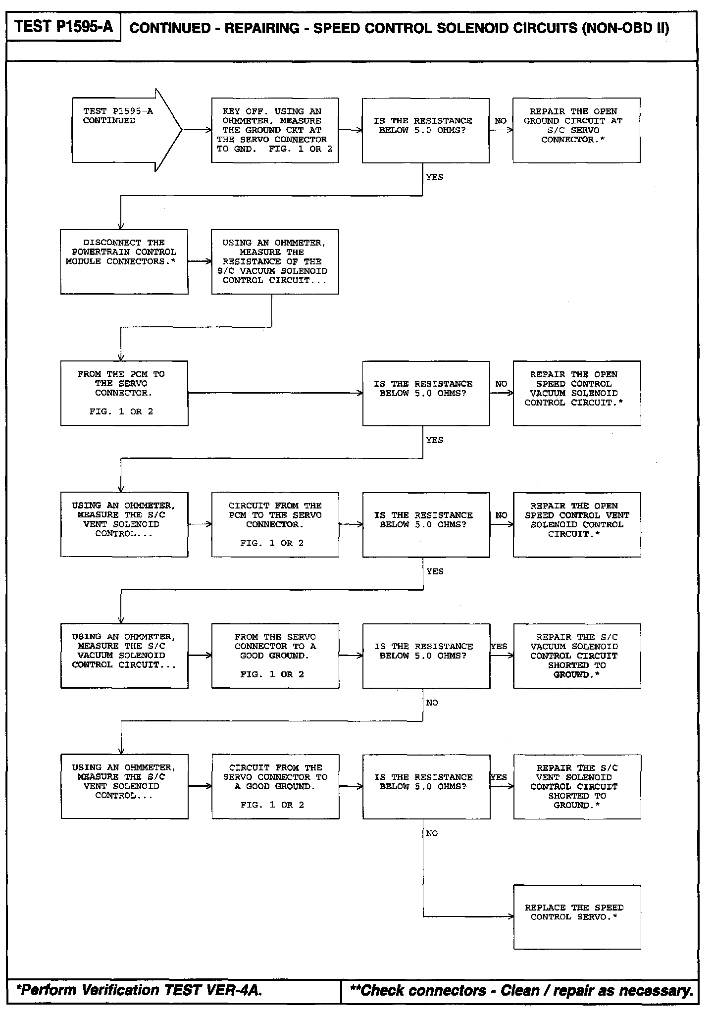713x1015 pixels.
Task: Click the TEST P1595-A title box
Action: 63,27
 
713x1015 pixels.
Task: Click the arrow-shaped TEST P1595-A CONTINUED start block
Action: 124,130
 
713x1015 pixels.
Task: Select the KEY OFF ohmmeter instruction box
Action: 275,130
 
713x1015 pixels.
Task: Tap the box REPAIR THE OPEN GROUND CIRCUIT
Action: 576,130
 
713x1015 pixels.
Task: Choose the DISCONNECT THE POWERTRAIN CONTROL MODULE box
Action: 124,261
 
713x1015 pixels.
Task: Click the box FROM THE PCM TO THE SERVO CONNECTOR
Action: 124,393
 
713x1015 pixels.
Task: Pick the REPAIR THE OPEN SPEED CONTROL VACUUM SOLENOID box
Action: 577,393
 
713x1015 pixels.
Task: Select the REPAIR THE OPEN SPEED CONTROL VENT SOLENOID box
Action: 577,524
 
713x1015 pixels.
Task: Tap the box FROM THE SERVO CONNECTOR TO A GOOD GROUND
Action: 275,656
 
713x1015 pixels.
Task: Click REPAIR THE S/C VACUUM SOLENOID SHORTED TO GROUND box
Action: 577,656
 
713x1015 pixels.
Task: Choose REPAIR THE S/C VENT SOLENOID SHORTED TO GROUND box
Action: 577,787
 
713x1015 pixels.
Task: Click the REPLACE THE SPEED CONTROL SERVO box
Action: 577,917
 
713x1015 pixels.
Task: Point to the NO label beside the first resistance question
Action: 501,121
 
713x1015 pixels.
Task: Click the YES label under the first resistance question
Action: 434,177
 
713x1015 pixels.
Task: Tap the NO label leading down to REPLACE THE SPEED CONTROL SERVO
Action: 432,833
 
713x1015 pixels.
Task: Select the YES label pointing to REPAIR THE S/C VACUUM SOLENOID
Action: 499,646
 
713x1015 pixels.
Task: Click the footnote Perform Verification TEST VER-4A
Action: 139,990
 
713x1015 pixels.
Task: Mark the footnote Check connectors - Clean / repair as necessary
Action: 521,991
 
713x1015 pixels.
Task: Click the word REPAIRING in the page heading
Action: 262,28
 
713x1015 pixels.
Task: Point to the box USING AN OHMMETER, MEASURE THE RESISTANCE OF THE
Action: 275,261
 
